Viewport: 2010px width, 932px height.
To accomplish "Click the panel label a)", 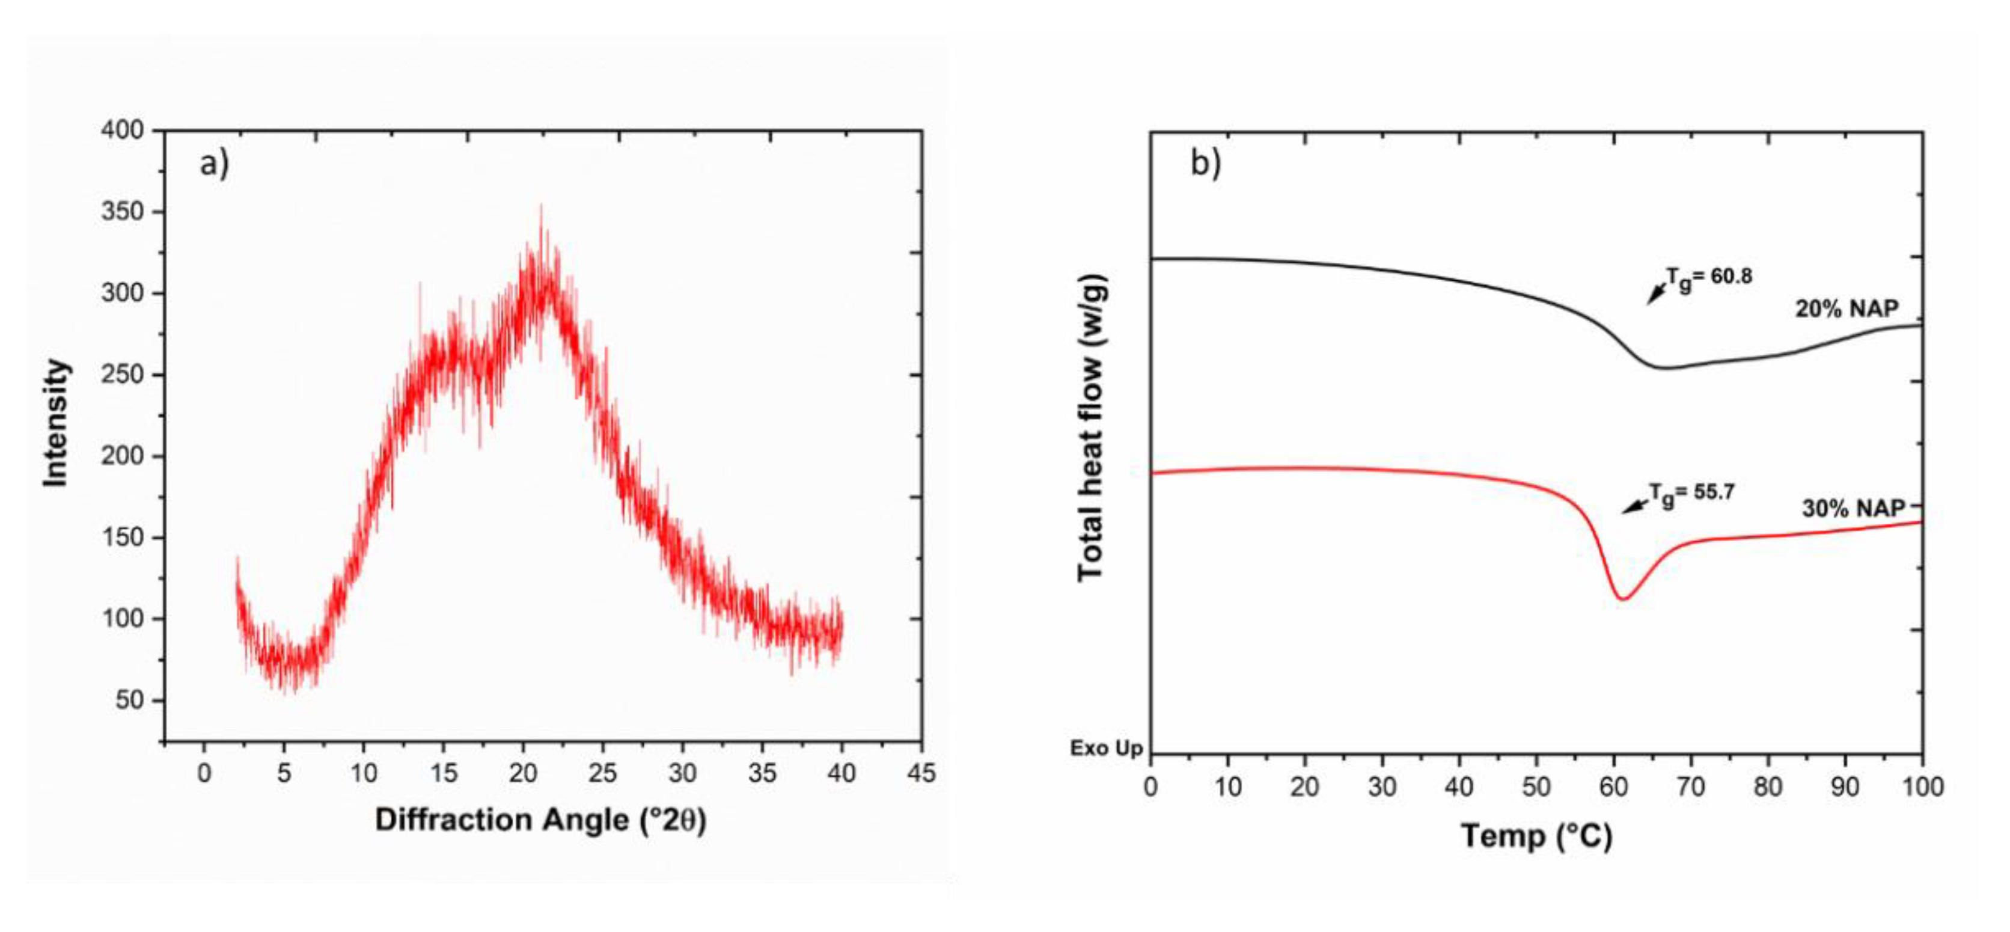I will click(215, 165).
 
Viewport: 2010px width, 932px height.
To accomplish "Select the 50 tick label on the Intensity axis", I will click(129, 700).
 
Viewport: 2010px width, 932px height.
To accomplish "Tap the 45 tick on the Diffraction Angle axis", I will click(921, 773).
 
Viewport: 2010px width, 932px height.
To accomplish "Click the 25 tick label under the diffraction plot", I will click(602, 773).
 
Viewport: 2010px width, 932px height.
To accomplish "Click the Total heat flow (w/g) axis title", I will click(1092, 428).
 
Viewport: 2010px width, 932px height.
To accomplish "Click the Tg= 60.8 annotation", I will click(1709, 278).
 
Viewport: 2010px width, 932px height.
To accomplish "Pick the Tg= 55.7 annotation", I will click(1691, 494).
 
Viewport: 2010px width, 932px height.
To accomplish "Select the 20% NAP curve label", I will click(1846, 309).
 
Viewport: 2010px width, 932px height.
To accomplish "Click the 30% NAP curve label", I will click(1853, 509).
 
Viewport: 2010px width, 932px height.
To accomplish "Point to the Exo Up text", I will click(1105, 749).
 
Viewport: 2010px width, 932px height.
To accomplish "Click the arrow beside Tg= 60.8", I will click(1656, 293).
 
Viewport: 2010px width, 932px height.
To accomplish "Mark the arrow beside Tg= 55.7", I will click(1635, 506).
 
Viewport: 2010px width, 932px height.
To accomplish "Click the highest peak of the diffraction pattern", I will click(541, 206).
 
